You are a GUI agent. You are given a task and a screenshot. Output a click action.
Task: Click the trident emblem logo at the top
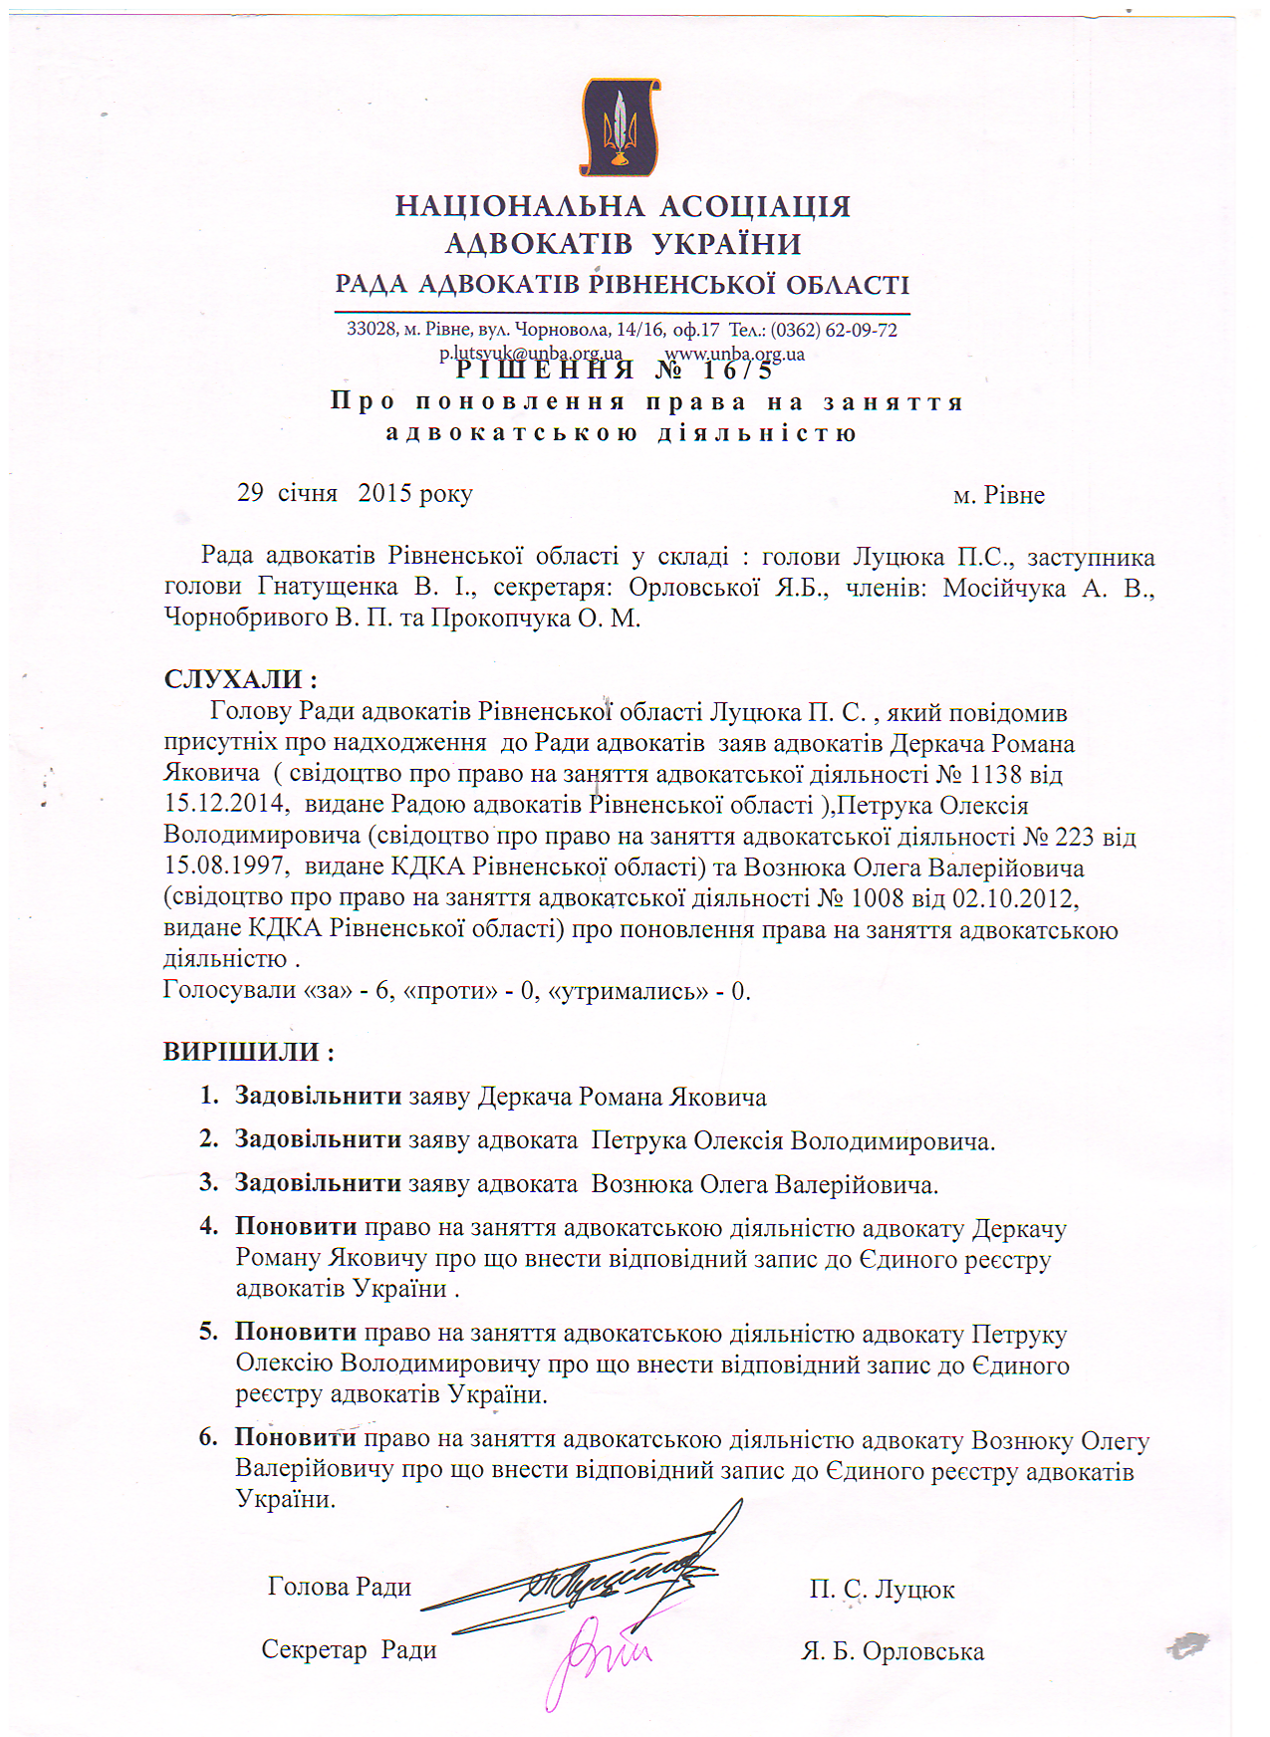coord(620,127)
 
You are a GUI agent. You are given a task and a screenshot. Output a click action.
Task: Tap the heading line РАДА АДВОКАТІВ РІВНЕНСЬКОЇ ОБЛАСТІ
coord(623,285)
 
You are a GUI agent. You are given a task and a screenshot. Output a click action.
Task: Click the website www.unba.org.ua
coord(734,354)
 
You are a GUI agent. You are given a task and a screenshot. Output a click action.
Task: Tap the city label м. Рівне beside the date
coord(998,495)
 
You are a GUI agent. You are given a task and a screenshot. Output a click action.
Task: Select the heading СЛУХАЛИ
coord(239,680)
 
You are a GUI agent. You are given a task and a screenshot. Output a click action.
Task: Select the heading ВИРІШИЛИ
coord(248,1052)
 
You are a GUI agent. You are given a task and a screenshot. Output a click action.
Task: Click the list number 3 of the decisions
coord(208,1183)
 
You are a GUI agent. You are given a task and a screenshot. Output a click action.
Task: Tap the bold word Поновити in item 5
coord(296,1332)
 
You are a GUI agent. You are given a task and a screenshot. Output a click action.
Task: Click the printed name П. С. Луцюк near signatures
coord(882,1590)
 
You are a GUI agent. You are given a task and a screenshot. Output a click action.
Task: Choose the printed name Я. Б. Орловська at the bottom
coord(892,1651)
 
